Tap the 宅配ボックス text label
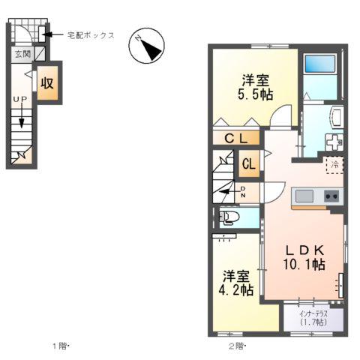[89, 34]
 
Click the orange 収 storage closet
[47, 82]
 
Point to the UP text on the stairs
[20, 98]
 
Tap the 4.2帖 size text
[236, 289]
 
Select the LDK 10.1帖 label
[303, 256]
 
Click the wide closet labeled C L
[237, 138]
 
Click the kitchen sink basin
[304, 196]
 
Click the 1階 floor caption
[59, 346]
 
